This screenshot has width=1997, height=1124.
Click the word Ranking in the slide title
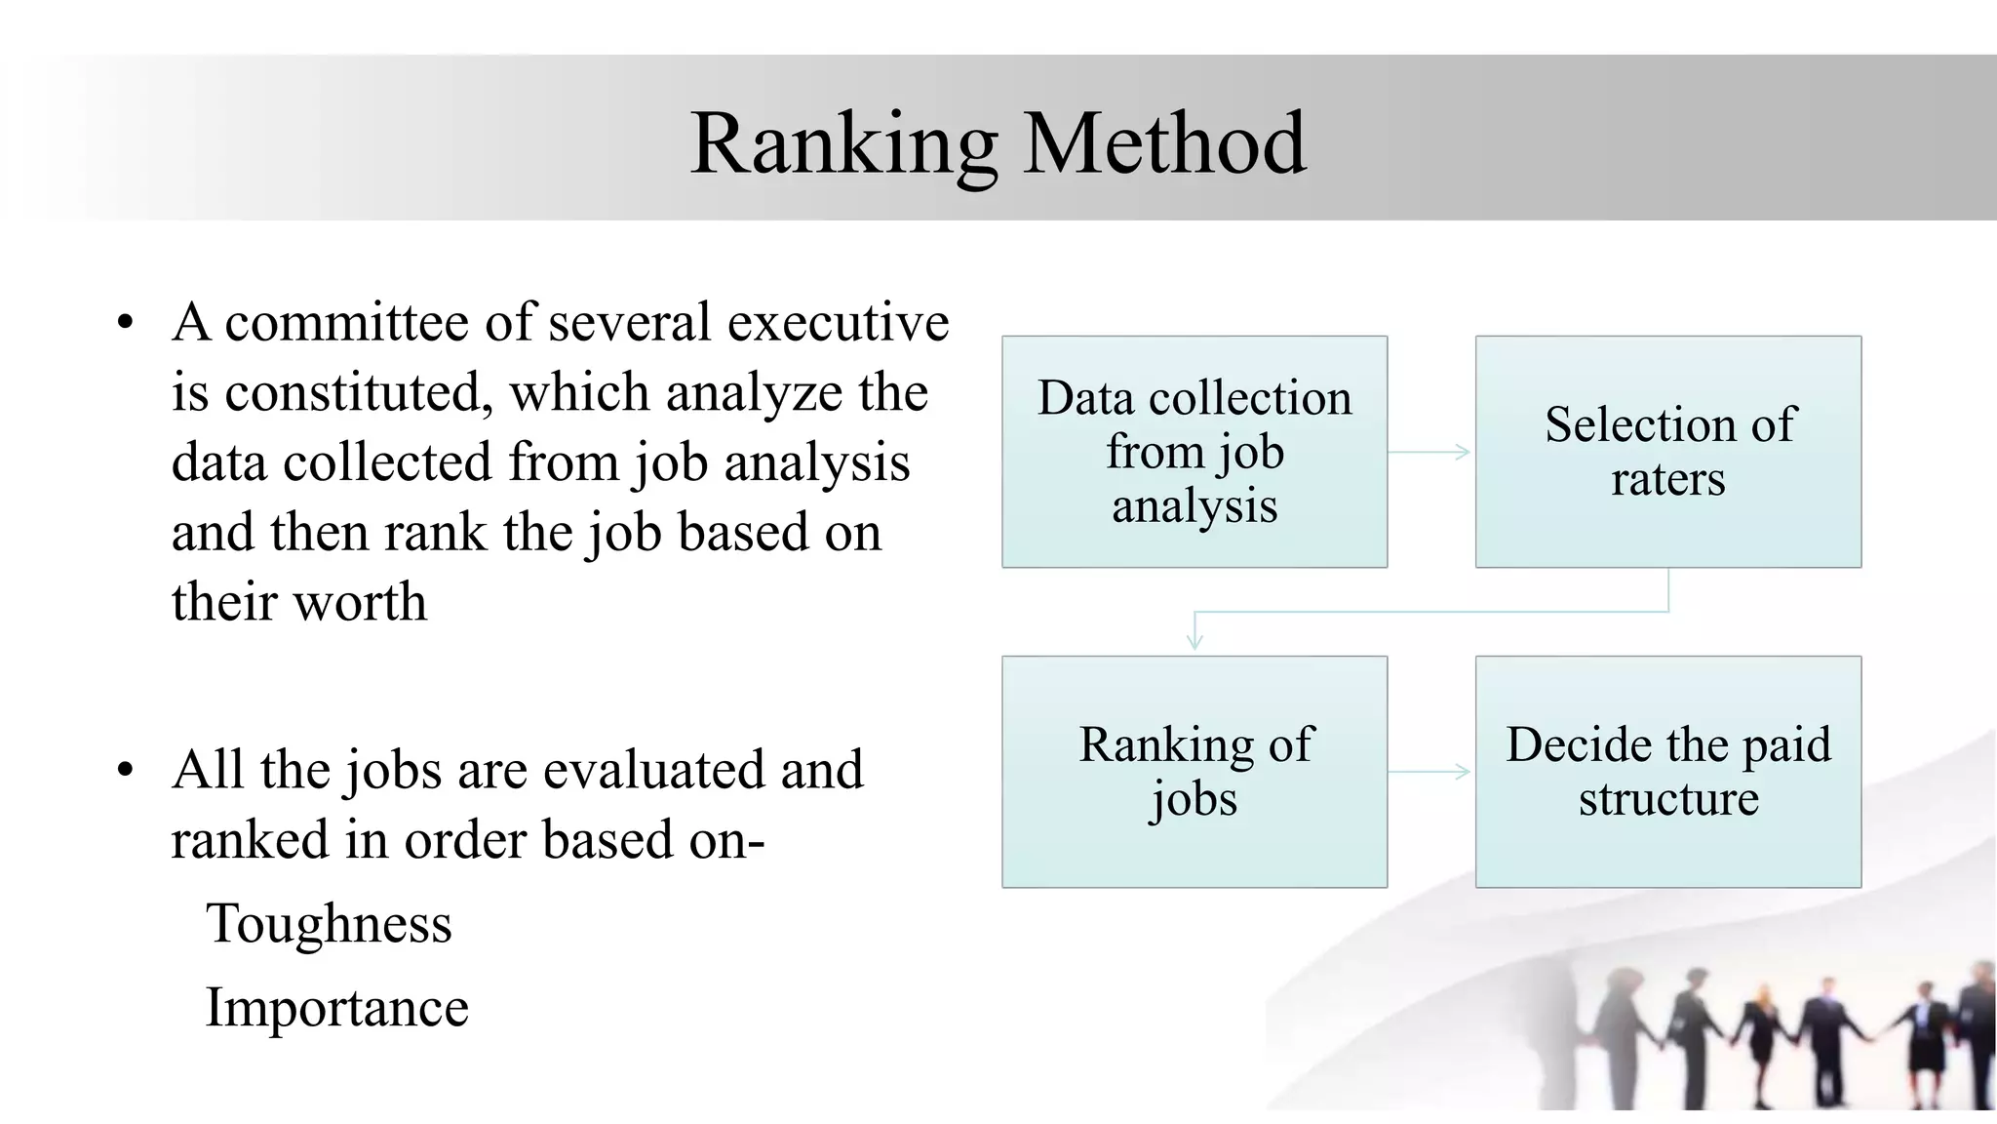843,144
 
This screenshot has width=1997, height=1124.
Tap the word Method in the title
1164,144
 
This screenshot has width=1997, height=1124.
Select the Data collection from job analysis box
1194,452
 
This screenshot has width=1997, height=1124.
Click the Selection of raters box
1668,452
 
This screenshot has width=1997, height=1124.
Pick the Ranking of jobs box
1194,772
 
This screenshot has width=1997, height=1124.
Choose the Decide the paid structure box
1668,772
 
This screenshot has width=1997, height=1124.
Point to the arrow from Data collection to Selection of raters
1429,452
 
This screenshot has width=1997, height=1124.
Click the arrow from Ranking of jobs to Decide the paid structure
1429,772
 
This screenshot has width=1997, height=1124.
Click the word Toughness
329,923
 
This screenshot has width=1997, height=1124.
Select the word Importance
336,1007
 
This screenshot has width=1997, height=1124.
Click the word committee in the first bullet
347,322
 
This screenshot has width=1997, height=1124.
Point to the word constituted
352,392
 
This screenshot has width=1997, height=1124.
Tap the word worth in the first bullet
360,602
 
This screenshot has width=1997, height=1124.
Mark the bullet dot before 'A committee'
124,323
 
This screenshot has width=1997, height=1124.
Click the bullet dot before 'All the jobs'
124,770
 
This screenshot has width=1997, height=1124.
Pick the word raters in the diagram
1667,479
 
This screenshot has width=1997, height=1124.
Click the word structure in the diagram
1668,799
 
